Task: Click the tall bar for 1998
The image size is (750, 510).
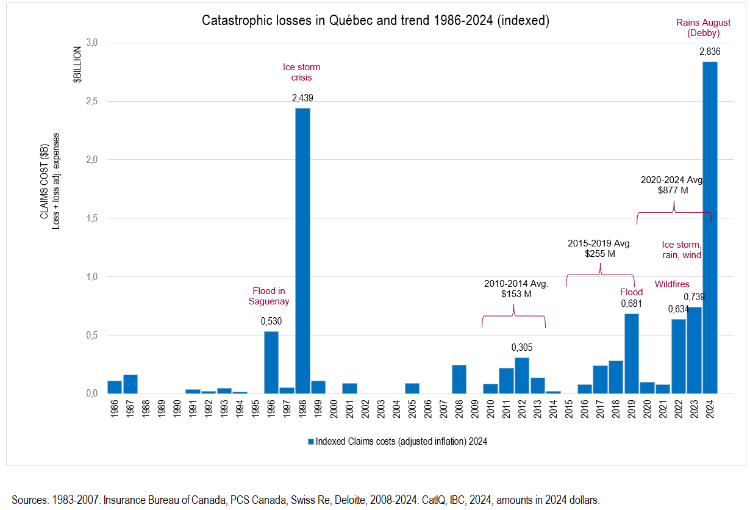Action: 302,250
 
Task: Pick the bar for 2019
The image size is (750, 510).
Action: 632,353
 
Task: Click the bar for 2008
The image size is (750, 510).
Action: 459,379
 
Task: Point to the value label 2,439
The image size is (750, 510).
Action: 302,98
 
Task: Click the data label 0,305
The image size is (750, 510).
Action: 522,347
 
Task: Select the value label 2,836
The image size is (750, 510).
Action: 710,52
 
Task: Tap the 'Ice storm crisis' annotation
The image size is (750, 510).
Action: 301,72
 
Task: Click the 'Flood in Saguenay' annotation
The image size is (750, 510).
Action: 269,296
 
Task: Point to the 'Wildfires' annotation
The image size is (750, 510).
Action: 672,284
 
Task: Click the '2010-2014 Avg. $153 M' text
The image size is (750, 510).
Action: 516,289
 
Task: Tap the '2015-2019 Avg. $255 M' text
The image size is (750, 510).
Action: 599,248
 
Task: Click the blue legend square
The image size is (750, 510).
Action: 311,441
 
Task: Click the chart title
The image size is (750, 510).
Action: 376,20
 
